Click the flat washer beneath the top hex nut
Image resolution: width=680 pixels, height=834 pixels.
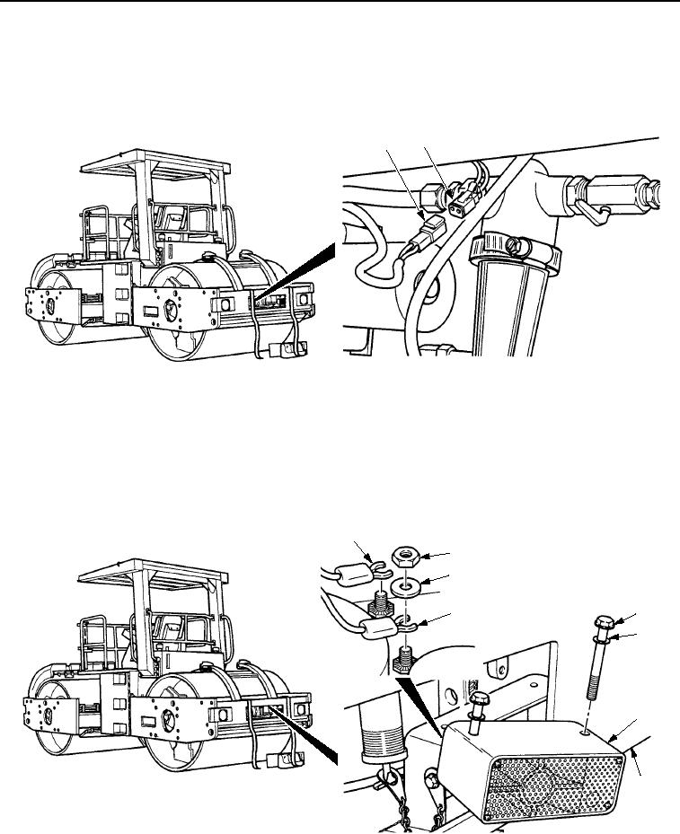[x=411, y=587]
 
